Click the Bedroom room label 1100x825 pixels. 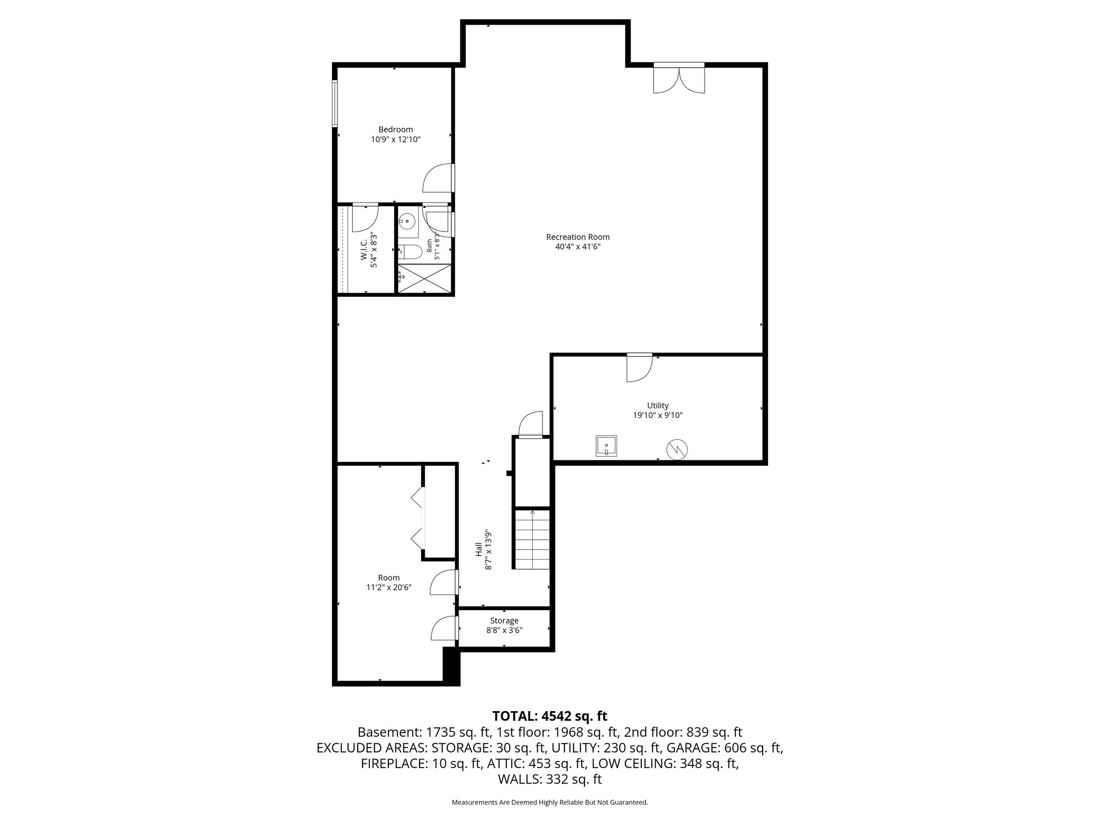point(395,129)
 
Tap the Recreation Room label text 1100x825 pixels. point(578,237)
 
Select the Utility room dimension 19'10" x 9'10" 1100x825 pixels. point(658,415)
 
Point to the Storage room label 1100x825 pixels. point(504,621)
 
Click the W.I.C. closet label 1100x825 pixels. point(364,251)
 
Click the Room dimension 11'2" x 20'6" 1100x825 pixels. point(389,588)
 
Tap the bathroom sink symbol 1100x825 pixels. point(408,221)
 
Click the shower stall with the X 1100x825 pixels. point(425,278)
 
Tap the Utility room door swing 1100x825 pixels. point(639,368)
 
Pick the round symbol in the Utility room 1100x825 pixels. point(677,450)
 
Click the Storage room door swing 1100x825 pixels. point(444,628)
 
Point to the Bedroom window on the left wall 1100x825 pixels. point(335,103)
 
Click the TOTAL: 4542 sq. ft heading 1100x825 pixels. point(549,716)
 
